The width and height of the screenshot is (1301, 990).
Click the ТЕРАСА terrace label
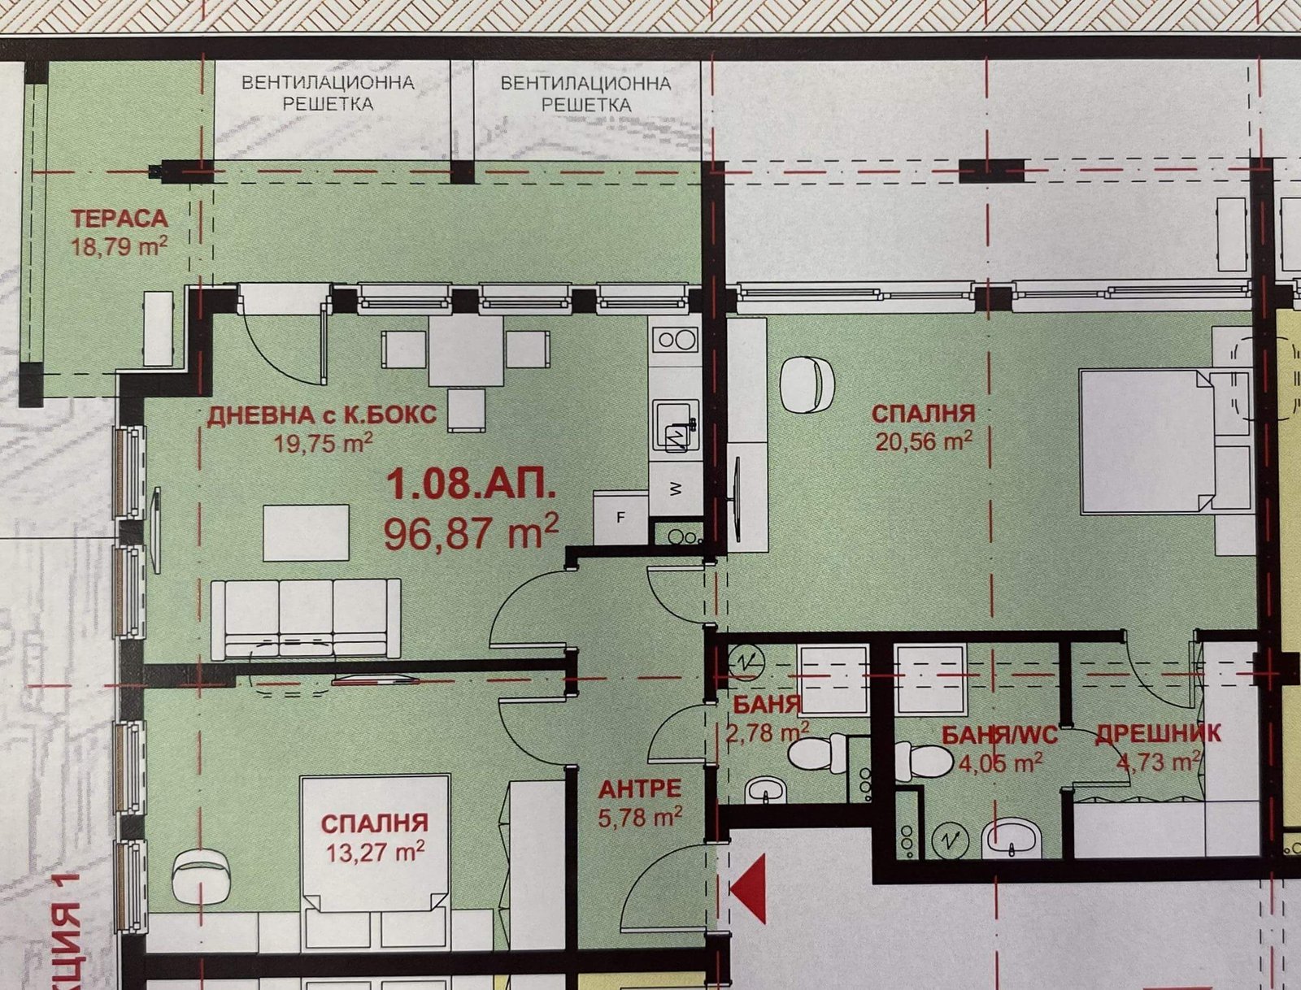click(119, 219)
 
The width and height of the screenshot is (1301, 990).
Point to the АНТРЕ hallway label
click(639, 789)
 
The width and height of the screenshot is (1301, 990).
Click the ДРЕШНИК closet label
click(1158, 734)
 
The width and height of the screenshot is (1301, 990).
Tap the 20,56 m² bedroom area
click(923, 441)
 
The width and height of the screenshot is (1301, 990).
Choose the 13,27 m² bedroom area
click(375, 853)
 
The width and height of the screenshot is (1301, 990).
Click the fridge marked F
click(620, 517)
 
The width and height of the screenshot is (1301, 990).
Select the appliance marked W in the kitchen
click(675, 488)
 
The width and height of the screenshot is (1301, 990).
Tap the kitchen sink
click(675, 425)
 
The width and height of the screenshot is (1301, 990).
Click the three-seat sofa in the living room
click(305, 618)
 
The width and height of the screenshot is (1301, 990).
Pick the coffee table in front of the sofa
click(306, 533)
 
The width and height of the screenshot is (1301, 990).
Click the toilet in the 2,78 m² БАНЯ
click(817, 753)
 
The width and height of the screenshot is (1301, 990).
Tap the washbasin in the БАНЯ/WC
click(1011, 839)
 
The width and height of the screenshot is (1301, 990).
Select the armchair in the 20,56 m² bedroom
click(807, 384)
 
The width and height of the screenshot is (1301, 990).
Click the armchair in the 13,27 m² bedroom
click(201, 876)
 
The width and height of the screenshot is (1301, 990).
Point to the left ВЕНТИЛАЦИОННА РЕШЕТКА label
click(328, 93)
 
